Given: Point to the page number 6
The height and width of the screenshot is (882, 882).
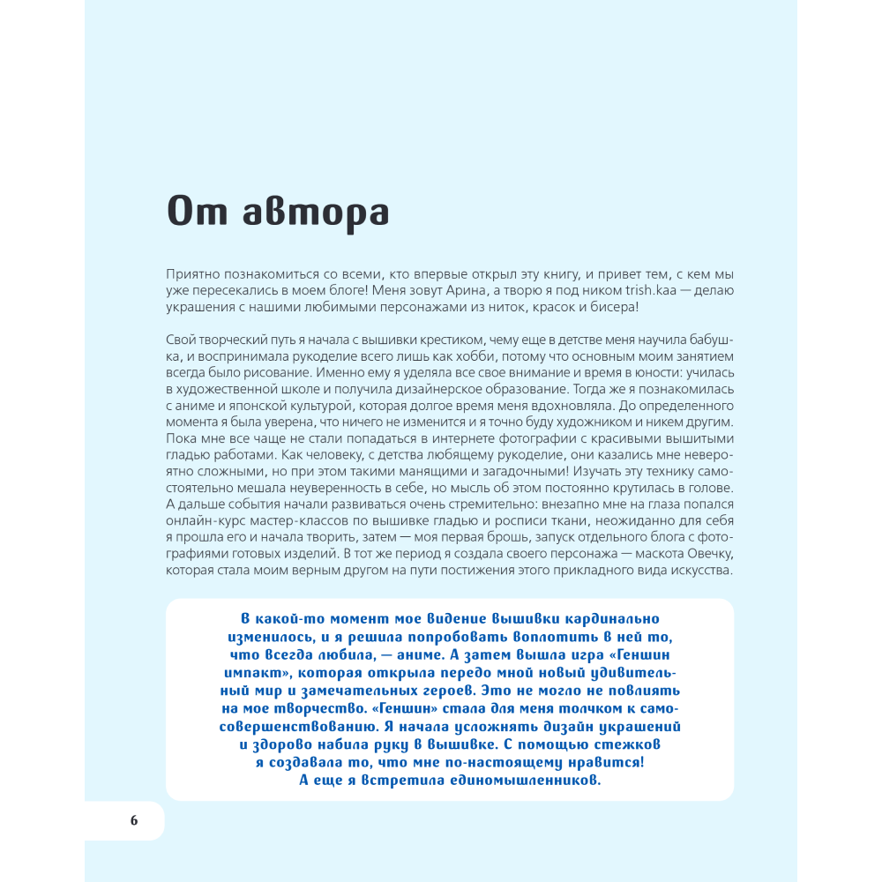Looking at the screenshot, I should click(x=134, y=820).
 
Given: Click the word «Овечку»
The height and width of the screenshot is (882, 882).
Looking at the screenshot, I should click(x=702, y=553).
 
